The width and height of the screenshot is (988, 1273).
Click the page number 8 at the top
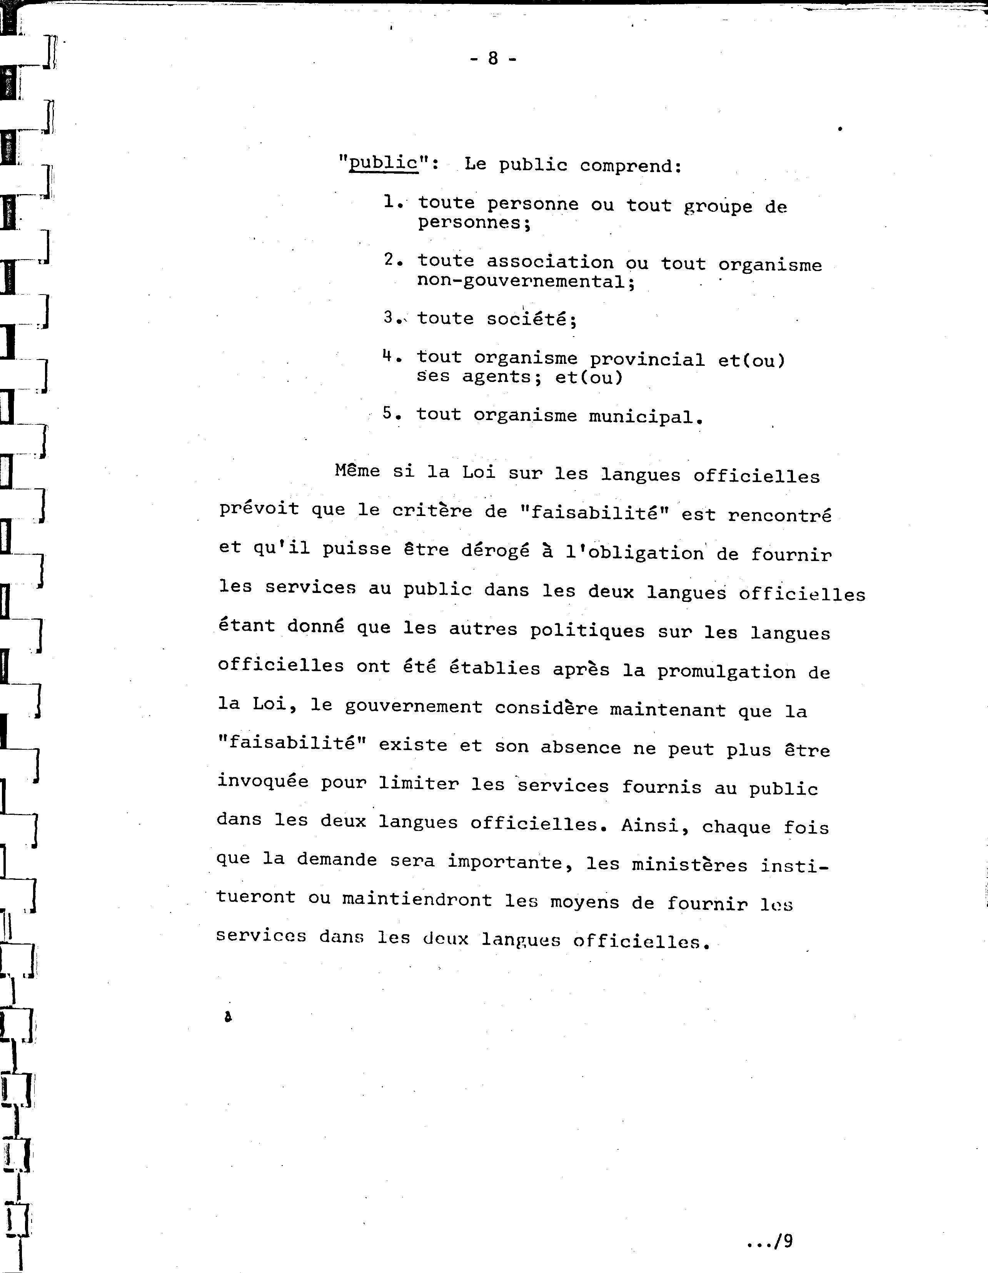pyautogui.click(x=493, y=58)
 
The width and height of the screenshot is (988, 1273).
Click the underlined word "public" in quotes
pyautogui.click(x=383, y=162)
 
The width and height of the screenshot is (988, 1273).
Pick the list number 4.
pyautogui.click(x=389, y=355)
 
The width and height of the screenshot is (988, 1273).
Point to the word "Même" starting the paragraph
pyautogui.click(x=357, y=471)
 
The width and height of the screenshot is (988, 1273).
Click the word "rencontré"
pyautogui.click(x=779, y=515)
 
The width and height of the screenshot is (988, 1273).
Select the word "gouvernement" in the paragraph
pyautogui.click(x=414, y=707)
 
